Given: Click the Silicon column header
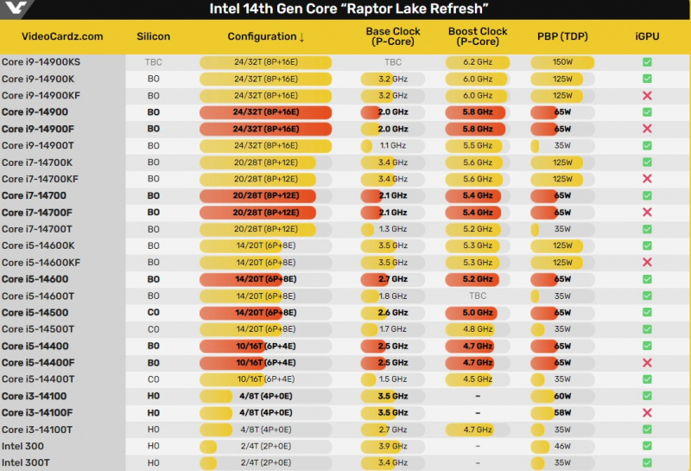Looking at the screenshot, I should click(154, 36).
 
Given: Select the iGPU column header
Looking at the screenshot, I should click(646, 36).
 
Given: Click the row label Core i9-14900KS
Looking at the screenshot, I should click(41, 62).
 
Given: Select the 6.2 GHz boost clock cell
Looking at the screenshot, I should click(478, 62).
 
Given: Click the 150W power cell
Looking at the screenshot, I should click(562, 62).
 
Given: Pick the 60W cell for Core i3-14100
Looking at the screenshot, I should click(562, 396).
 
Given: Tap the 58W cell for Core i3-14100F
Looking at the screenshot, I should click(562, 413).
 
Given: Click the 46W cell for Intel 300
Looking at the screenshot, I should click(562, 446).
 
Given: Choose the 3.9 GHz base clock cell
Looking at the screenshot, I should click(393, 446).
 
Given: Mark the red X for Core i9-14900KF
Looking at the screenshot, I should click(647, 96).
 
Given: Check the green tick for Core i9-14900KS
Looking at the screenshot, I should click(647, 62).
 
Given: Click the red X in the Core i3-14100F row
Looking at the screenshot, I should click(647, 413).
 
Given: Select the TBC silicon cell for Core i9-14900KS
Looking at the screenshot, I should click(154, 62).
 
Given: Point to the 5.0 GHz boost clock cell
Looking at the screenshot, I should click(478, 313).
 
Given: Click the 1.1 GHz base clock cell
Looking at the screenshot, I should click(393, 146).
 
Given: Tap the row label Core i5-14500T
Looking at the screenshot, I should click(38, 329).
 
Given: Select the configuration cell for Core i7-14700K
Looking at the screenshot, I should click(265, 162).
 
